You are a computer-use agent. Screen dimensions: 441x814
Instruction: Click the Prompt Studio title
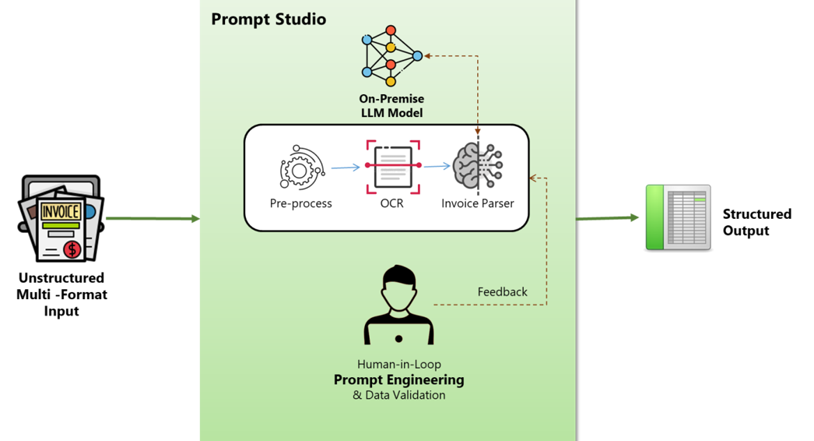[x=268, y=19]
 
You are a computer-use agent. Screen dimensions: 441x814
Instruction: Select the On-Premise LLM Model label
[x=391, y=106]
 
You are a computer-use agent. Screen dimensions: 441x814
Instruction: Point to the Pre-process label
[x=300, y=203]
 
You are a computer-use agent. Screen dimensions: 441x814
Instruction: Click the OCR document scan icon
[x=393, y=165]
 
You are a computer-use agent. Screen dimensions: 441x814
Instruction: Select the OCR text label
[x=393, y=203]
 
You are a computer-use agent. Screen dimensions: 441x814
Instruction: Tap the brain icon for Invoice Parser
[x=477, y=166]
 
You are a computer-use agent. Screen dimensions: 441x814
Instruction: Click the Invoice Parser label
[x=477, y=203]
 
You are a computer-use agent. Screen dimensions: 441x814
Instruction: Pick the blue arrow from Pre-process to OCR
[x=346, y=167]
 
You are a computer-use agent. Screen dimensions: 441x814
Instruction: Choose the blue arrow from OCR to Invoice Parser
[x=437, y=166]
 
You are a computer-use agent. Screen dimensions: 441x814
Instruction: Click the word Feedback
[x=502, y=292]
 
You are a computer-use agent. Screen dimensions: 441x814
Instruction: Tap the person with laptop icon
[x=398, y=306]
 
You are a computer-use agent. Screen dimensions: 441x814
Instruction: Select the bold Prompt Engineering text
[x=398, y=380]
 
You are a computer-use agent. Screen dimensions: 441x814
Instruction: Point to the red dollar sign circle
[x=73, y=249]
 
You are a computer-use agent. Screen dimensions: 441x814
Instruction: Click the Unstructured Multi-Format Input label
[x=61, y=295]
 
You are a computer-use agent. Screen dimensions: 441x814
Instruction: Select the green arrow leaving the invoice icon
[x=153, y=219]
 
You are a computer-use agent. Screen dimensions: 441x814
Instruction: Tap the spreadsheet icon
[x=679, y=217]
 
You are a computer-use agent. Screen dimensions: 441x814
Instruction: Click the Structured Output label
[x=756, y=222]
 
